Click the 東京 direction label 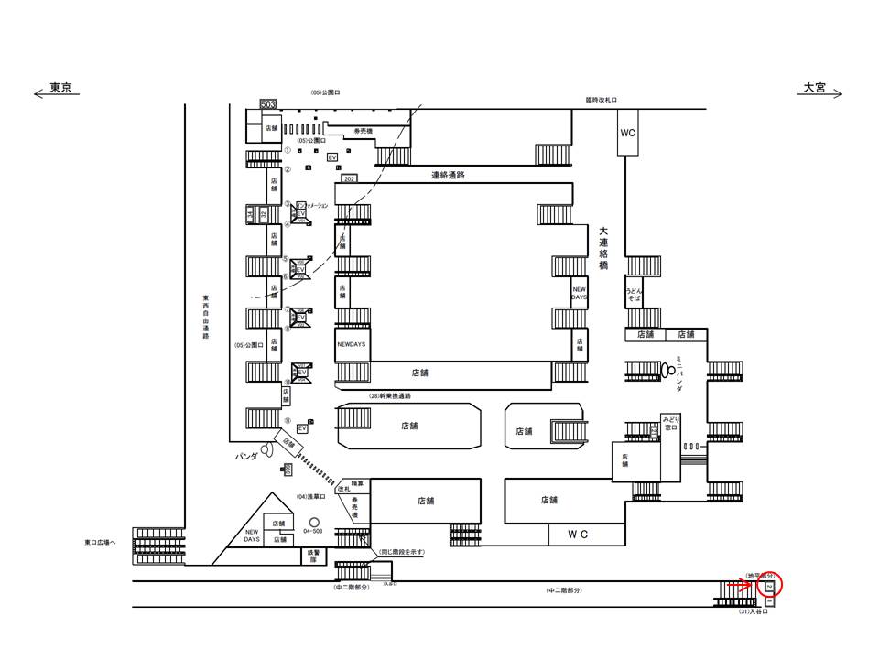click(60, 88)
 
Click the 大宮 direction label click(815, 88)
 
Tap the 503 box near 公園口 click(268, 105)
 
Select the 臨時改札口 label click(602, 100)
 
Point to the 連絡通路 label click(449, 175)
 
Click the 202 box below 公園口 click(350, 178)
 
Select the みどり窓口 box click(671, 423)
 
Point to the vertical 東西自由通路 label click(206, 317)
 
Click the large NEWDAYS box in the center click(353, 345)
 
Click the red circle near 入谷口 click(770, 582)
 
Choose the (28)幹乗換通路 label click(390, 395)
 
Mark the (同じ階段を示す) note click(402, 552)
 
